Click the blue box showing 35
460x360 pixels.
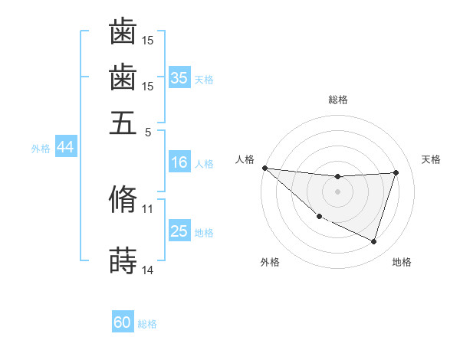pyautogui.click(x=179, y=77)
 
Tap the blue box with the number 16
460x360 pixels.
pyautogui.click(x=179, y=162)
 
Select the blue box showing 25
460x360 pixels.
pyautogui.click(x=179, y=231)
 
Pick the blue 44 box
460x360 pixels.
pyautogui.click(x=65, y=147)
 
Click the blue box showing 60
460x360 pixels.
pyautogui.click(x=123, y=322)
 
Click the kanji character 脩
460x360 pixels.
pyautogui.click(x=123, y=199)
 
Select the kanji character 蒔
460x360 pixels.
pyautogui.click(x=123, y=260)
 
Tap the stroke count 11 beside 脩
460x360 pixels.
pyautogui.click(x=148, y=208)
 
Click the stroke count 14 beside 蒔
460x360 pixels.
pyautogui.click(x=148, y=270)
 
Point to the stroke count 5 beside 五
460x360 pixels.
pyautogui.click(x=148, y=131)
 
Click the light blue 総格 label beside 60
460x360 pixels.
pyautogui.click(x=147, y=324)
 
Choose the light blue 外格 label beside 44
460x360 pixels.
pyautogui.click(x=41, y=149)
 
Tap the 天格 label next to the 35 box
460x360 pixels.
pyautogui.click(x=204, y=79)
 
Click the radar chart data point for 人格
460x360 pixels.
pyautogui.click(x=264, y=168)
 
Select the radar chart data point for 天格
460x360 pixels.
pyautogui.click(x=396, y=172)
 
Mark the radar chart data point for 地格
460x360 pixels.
pyautogui.click(x=373, y=241)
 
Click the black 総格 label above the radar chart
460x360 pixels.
pyautogui.click(x=338, y=100)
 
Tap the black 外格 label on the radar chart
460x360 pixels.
pyautogui.click(x=270, y=262)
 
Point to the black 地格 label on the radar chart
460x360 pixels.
pyautogui.click(x=402, y=262)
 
